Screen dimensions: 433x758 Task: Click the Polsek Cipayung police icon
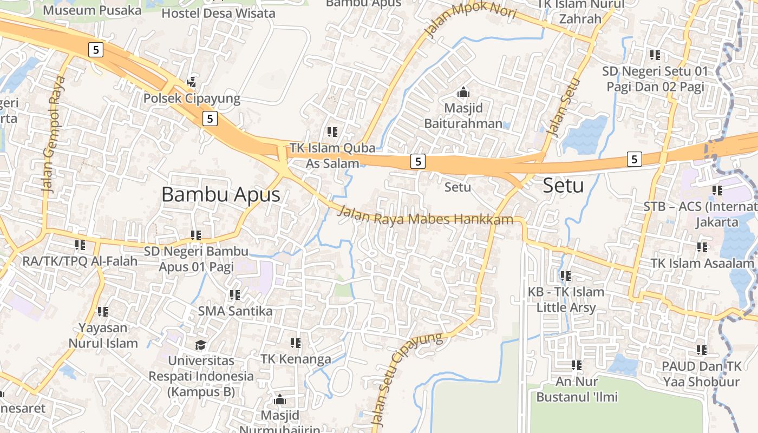click(x=192, y=82)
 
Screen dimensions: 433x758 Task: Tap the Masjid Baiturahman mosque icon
click(x=463, y=92)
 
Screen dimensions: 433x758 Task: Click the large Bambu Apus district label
click(x=221, y=194)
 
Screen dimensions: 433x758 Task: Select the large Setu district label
click(x=563, y=186)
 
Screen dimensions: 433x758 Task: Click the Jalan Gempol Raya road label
click(x=53, y=135)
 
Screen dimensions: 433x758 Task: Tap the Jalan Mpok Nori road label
click(x=471, y=18)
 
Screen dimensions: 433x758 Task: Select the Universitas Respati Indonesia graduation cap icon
click(x=201, y=345)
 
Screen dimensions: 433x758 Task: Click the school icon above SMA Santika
click(x=234, y=295)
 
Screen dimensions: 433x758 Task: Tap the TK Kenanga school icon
click(x=295, y=343)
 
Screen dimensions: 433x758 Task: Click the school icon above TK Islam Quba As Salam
click(x=332, y=132)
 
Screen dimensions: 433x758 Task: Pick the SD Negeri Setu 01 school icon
click(x=655, y=55)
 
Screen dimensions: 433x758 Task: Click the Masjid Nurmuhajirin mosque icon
click(x=280, y=399)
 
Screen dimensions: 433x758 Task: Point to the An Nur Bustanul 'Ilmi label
click(x=577, y=389)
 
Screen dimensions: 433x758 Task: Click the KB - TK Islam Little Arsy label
click(x=566, y=300)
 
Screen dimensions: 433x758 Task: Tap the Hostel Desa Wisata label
click(x=218, y=13)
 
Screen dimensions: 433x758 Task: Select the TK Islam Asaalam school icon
click(x=702, y=247)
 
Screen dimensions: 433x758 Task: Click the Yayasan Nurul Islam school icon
click(x=103, y=312)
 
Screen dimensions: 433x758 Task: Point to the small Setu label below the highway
click(x=458, y=187)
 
